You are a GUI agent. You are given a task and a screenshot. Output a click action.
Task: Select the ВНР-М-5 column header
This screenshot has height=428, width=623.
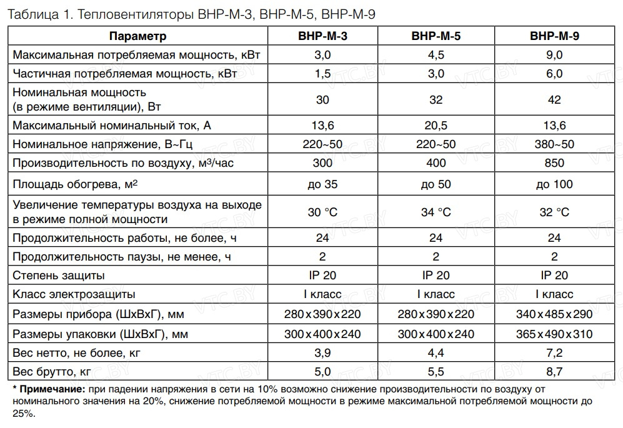(436, 36)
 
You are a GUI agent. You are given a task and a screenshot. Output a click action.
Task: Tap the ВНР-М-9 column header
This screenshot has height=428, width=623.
(554, 36)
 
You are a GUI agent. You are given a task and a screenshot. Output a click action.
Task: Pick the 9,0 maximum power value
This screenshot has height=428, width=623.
(554, 55)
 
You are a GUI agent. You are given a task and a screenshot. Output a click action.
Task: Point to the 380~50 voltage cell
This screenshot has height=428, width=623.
(554, 144)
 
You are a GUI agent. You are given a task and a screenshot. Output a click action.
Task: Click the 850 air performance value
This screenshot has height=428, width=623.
(554, 163)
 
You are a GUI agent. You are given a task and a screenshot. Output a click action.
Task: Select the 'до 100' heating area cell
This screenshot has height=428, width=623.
(554, 184)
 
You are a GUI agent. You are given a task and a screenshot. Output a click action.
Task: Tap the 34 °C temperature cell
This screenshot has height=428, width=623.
(436, 212)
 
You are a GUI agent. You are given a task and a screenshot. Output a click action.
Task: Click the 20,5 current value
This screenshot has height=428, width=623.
(436, 126)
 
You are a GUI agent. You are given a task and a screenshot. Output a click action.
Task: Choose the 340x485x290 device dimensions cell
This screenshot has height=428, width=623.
(554, 314)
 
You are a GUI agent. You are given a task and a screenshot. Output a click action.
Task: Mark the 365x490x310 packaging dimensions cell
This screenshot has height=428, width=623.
(554, 334)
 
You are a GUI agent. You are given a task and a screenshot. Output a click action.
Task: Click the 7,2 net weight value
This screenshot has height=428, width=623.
(554, 353)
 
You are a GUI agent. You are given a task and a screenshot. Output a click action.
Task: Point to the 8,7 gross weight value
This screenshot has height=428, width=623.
(554, 372)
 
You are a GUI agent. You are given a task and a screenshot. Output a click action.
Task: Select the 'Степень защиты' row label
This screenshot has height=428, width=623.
(59, 276)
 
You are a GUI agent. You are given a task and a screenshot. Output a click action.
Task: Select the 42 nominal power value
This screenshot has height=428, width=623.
(554, 100)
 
